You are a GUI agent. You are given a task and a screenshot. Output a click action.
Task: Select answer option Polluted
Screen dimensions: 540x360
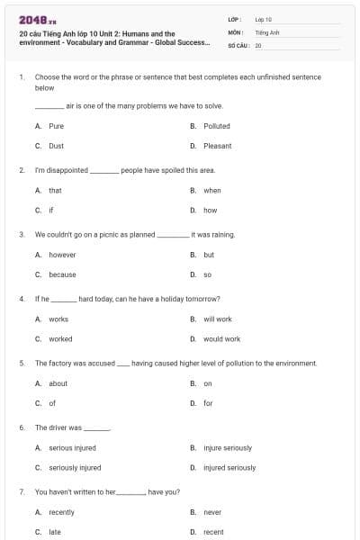pos(217,126)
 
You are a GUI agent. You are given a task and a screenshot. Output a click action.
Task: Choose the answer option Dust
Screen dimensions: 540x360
pos(56,146)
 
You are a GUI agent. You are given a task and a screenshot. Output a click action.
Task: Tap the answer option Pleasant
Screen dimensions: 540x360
pos(218,146)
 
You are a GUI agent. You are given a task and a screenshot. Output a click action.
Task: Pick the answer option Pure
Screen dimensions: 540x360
pos(56,126)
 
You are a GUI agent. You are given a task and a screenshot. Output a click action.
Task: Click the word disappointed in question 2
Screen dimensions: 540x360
pos(68,169)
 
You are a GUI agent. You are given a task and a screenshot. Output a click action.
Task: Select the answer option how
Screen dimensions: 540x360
pos(210,211)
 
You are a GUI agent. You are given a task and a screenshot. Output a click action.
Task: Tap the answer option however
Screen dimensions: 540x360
pos(62,255)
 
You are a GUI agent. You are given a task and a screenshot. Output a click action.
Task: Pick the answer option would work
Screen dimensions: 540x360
pos(221,339)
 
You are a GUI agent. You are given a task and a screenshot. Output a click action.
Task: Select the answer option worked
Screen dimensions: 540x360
pos(60,339)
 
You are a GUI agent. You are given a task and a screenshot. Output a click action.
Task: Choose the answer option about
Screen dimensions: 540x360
pos(58,383)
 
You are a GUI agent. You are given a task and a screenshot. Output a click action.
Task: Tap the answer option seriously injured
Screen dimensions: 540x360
pos(75,468)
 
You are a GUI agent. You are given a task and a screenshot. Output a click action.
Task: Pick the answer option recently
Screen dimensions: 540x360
pos(61,512)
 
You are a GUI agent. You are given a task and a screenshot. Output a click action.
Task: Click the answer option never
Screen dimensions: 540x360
pos(212,512)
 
